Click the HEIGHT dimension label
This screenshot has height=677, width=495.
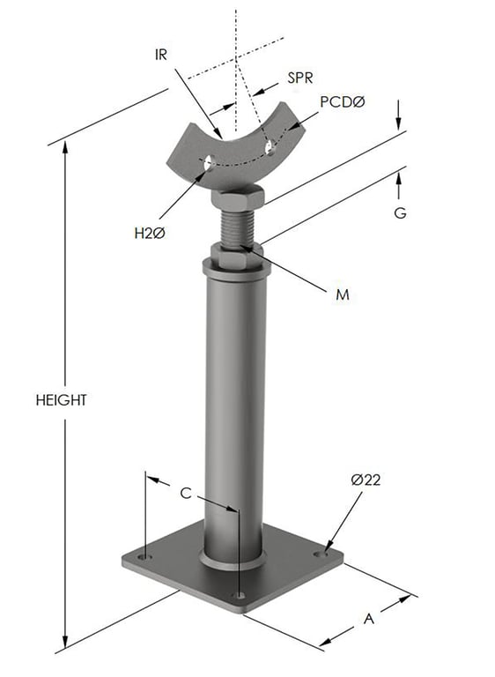click(61, 399)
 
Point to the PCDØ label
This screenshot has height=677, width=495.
click(341, 102)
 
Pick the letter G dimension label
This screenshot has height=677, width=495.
click(399, 213)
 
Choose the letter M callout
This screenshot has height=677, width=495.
click(343, 294)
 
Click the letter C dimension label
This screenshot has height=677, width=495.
click(186, 494)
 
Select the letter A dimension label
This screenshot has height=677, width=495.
click(369, 620)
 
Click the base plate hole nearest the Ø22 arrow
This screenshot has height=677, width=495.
click(318, 554)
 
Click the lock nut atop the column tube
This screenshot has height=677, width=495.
click(235, 258)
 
